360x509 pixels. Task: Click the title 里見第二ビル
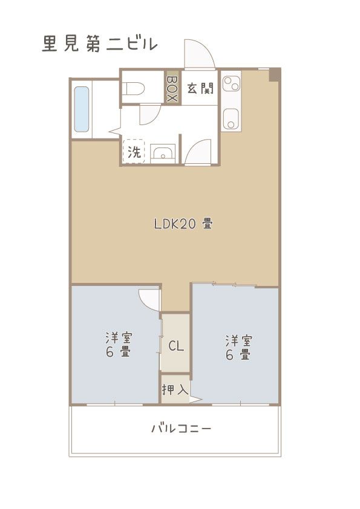(100, 44)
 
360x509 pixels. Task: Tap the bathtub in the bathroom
(82, 109)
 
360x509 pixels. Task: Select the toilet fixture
(134, 89)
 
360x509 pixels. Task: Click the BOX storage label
(172, 88)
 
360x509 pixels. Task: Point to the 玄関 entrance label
(200, 88)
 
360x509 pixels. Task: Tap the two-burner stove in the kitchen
(231, 82)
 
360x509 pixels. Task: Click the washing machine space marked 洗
(133, 152)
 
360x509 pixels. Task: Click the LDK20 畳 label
(182, 224)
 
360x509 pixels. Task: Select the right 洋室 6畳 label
(238, 348)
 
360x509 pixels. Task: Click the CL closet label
(176, 346)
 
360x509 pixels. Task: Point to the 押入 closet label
(176, 389)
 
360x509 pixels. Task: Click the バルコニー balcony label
(181, 429)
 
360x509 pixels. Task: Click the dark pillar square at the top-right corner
(275, 74)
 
